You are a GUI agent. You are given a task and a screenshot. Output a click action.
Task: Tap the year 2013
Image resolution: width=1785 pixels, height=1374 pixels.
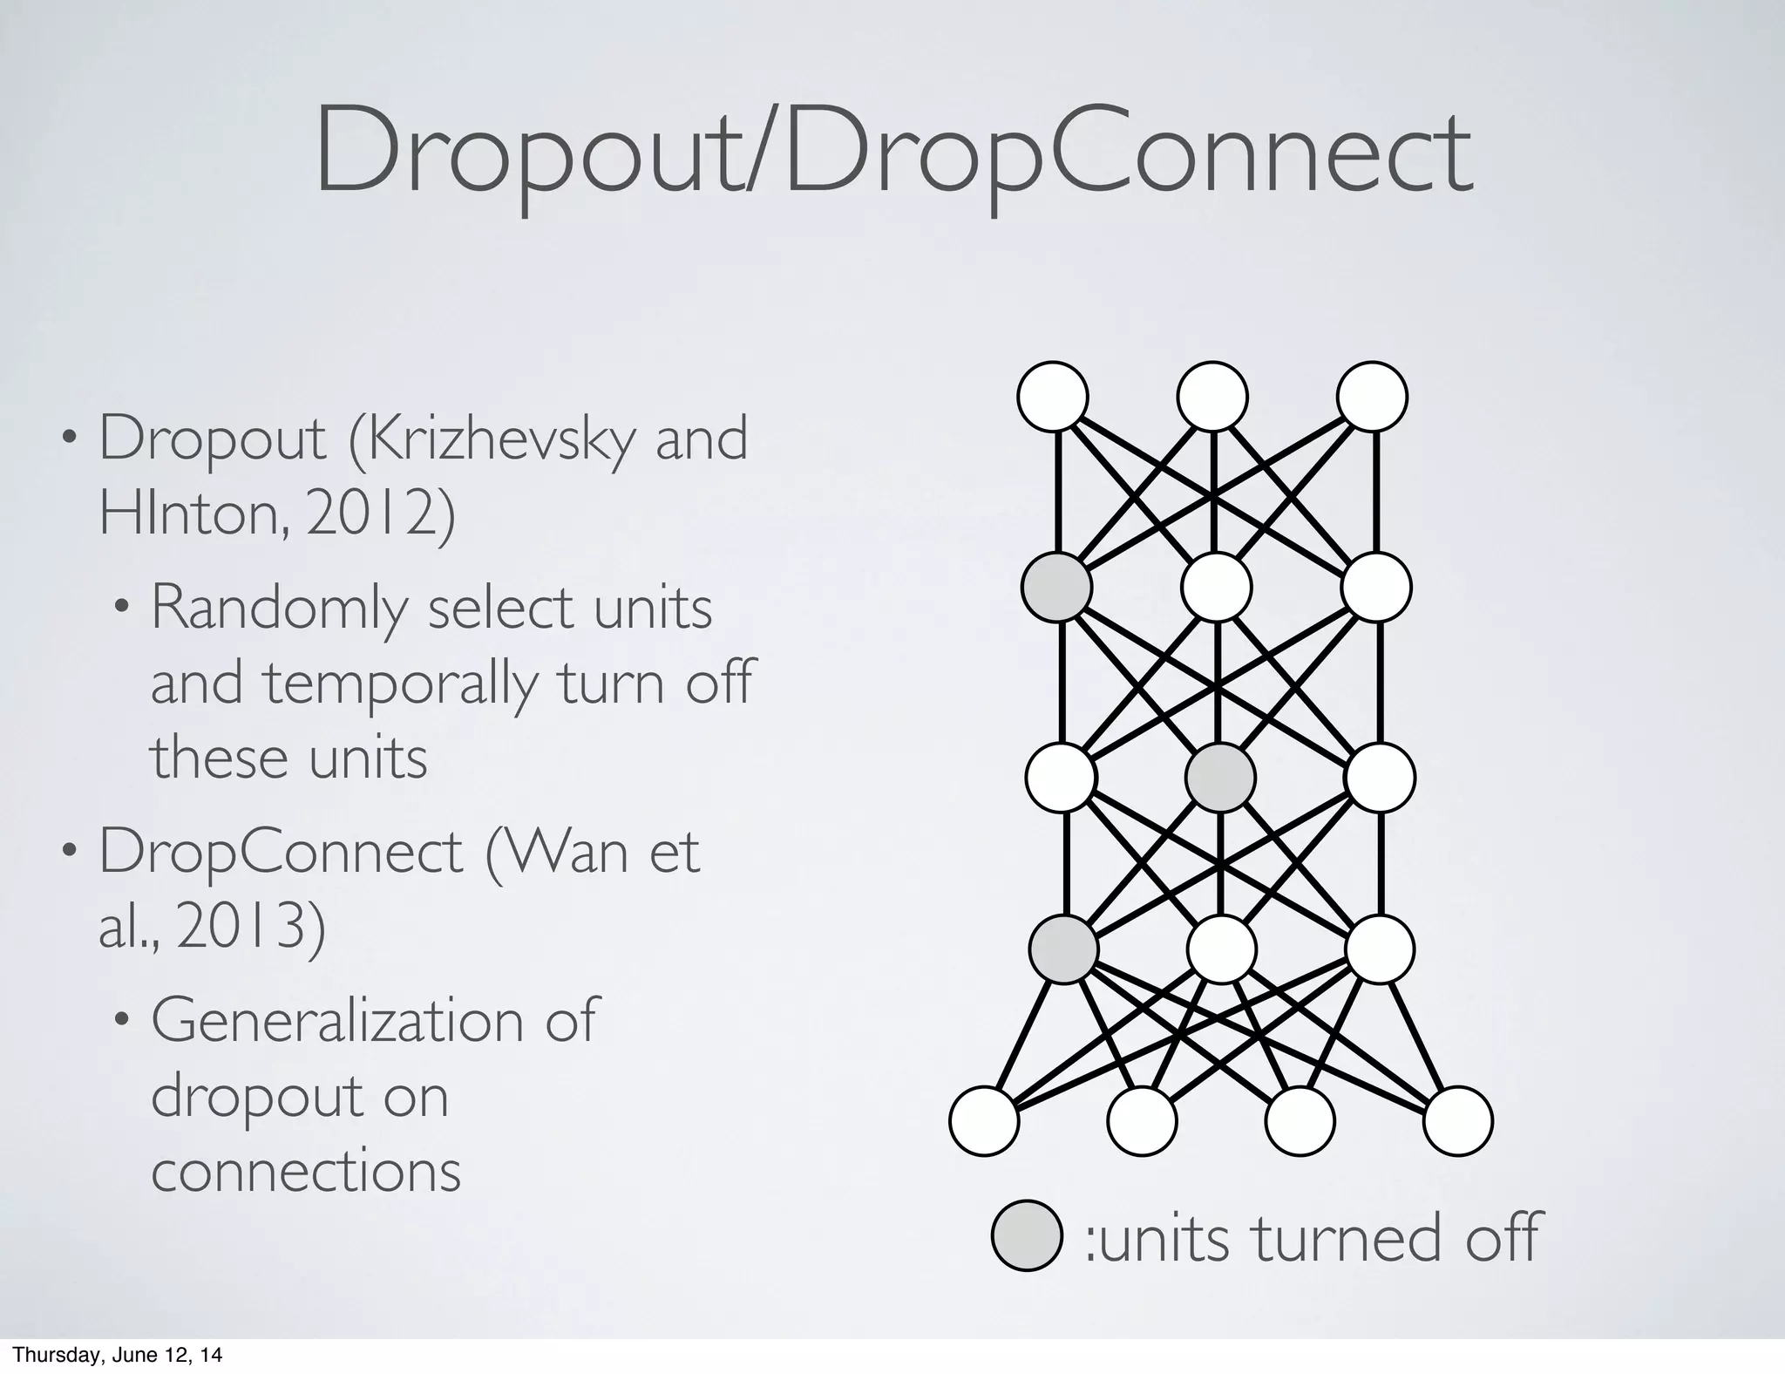(252, 928)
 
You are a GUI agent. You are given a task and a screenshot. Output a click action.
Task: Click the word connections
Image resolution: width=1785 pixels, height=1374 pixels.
(306, 1171)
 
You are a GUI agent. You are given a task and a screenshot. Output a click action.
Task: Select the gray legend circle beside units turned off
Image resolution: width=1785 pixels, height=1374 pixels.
(1027, 1235)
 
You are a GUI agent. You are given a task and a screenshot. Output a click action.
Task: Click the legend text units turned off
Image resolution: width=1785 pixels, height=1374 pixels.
(1312, 1238)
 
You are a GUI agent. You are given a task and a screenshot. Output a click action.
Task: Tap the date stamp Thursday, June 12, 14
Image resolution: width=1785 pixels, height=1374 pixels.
(117, 1355)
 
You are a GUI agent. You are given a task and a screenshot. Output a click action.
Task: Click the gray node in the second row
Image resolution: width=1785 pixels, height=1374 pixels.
(1057, 587)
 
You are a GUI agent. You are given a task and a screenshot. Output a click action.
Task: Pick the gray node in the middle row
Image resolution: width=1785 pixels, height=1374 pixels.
(1220, 778)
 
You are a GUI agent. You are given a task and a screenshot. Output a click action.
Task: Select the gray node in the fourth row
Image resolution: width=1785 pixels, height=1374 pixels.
(1063, 949)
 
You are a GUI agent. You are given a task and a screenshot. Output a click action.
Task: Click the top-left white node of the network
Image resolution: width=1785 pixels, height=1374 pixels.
(1053, 397)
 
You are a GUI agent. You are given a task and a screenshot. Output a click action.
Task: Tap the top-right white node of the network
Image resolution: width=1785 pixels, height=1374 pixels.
(1372, 397)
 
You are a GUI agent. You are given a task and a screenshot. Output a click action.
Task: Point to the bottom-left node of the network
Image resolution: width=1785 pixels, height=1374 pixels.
(984, 1121)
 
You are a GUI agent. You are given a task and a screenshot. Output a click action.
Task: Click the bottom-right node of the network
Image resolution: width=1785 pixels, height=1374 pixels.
(1458, 1121)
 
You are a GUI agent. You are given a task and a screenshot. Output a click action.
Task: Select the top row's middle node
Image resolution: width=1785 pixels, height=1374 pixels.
(1212, 397)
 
